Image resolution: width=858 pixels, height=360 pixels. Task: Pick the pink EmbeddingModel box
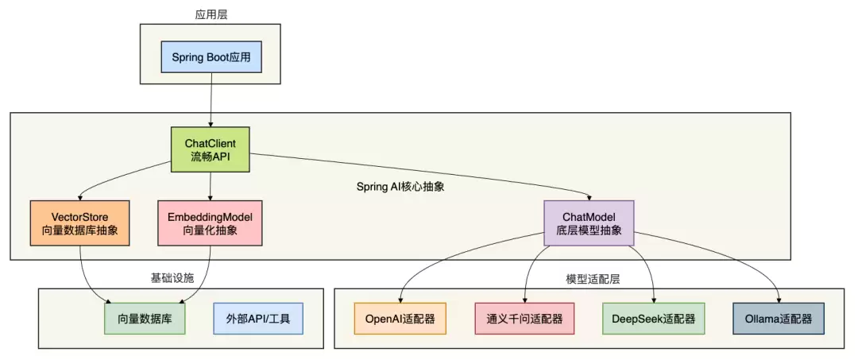210,223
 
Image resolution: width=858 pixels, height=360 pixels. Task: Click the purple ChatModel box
589,223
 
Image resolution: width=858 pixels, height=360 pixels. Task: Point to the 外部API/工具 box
258,319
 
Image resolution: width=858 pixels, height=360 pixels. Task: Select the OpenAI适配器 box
400,319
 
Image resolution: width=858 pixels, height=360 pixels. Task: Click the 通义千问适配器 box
524,319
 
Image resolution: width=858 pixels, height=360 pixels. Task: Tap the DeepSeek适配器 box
654,319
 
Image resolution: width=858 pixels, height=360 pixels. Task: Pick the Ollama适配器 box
778,319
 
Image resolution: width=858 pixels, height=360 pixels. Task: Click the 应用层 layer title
211,14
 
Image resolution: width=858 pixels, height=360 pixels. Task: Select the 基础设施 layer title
172,277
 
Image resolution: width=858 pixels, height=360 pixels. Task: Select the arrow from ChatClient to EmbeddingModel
210,185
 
